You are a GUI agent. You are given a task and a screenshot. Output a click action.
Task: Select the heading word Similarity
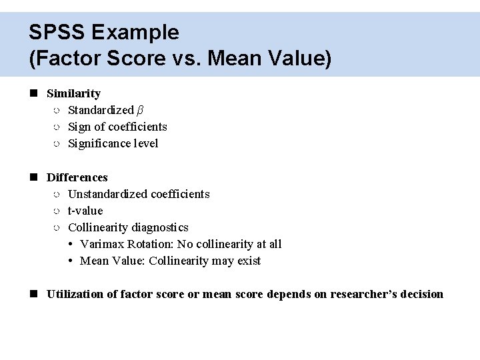[x=73, y=93]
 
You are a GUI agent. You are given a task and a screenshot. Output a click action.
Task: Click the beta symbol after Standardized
[x=140, y=110]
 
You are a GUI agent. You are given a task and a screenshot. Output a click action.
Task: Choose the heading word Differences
[x=77, y=177]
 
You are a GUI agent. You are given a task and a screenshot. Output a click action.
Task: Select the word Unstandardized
[x=108, y=194]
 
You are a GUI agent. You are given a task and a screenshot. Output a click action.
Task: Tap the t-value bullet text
[x=85, y=211]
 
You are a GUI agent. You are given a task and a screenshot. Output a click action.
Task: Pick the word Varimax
[x=101, y=244]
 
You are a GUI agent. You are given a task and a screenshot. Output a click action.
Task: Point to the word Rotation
[x=149, y=244]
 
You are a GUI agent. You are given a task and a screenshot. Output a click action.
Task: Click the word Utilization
[x=73, y=294]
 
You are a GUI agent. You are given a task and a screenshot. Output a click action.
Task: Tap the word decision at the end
[x=423, y=294]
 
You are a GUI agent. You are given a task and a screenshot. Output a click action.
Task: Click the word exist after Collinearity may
[x=249, y=261]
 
